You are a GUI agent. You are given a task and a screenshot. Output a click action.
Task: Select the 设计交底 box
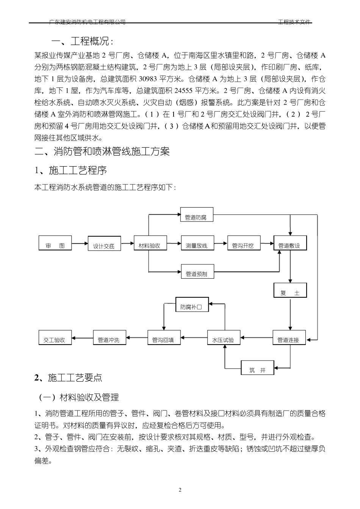pyautogui.click(x=104, y=245)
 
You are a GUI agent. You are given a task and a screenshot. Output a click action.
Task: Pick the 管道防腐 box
pyautogui.click(x=196, y=217)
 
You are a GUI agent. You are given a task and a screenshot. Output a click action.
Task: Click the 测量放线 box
pyautogui.click(x=197, y=245)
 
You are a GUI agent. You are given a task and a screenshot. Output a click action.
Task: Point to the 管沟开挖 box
pyautogui.click(x=243, y=245)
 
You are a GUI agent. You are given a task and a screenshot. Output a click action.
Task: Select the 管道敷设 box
pyautogui.click(x=289, y=245)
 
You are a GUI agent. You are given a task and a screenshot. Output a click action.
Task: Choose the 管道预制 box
pyautogui.click(x=196, y=273)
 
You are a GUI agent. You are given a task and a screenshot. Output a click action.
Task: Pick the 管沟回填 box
pyautogui.click(x=163, y=340)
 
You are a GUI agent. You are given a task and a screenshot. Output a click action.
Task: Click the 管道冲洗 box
pyautogui.click(x=109, y=340)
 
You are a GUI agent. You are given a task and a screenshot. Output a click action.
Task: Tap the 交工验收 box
pyautogui.click(x=55, y=340)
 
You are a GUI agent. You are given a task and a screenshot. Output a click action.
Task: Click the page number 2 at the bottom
pyautogui.click(x=180, y=490)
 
